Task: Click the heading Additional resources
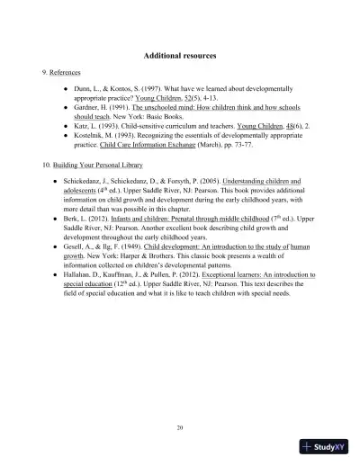pyautogui.click(x=179, y=56)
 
